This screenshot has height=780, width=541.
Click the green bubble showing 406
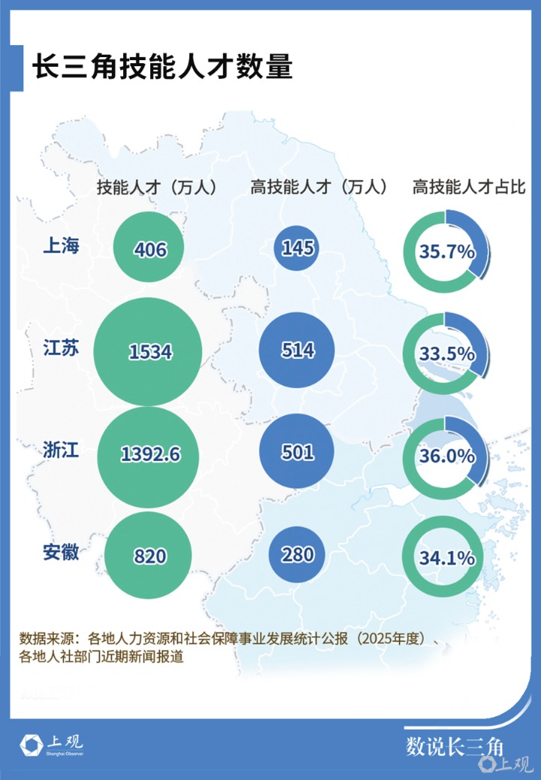click(149, 247)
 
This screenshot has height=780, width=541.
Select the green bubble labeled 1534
click(147, 351)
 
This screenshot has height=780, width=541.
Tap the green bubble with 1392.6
click(148, 456)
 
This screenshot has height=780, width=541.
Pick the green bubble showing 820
click(148, 555)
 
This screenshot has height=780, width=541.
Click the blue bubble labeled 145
click(297, 247)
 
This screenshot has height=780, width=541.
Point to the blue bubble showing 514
click(297, 350)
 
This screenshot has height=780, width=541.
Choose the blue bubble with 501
click(297, 452)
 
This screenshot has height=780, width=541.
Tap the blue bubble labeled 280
click(297, 554)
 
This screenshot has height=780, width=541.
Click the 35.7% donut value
click(446, 252)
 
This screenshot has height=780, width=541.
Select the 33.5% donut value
click(446, 354)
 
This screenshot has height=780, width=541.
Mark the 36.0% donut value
click(446, 456)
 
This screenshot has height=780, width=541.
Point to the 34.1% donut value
click(446, 558)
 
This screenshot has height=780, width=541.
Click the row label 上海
click(61, 245)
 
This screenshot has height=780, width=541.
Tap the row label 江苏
click(61, 348)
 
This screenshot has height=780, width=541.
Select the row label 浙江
click(61, 450)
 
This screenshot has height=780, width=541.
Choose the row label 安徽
click(61, 552)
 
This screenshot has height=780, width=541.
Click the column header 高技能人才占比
click(468, 187)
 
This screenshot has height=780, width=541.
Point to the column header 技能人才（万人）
click(157, 187)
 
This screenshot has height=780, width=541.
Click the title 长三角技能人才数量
click(162, 67)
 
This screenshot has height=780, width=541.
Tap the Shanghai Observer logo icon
click(31, 745)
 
